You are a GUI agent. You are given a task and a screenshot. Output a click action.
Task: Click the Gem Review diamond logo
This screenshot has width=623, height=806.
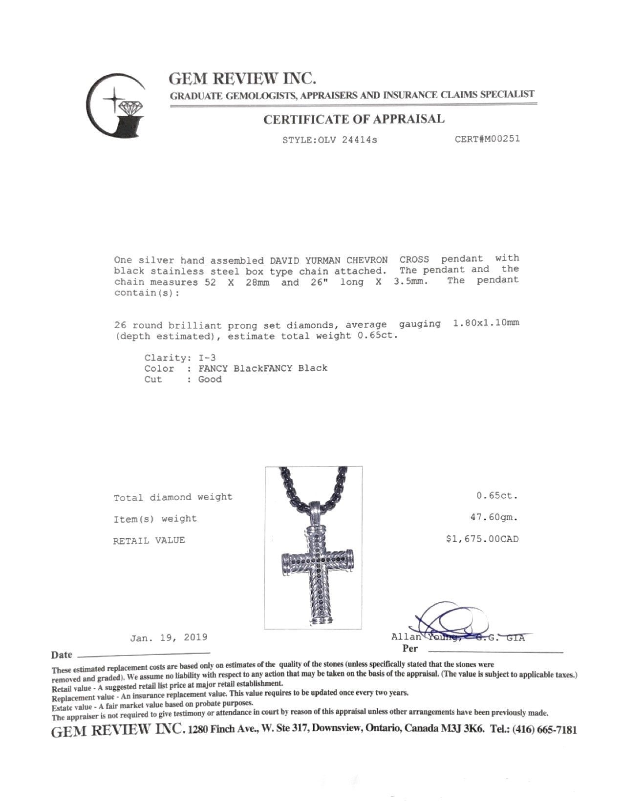116,106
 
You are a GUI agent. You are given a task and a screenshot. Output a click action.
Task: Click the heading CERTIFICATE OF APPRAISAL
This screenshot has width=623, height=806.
354,119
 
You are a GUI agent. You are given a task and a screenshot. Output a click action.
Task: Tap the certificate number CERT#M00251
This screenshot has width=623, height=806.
487,139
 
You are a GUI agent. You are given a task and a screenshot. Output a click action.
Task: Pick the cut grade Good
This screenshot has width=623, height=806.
210,380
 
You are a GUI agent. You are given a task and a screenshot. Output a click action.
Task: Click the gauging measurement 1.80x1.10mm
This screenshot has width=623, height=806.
486,323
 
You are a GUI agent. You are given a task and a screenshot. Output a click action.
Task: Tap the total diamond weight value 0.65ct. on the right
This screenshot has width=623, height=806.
497,495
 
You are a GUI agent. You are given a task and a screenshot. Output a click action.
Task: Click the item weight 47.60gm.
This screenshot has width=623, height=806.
494,517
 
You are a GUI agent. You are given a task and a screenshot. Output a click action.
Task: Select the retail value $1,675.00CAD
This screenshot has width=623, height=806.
482,539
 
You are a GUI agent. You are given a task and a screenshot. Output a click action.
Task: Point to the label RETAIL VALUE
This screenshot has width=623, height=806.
149,540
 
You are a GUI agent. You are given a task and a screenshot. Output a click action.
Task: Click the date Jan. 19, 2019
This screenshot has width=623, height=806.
169,637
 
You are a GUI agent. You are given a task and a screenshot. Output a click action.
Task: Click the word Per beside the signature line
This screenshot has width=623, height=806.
410,649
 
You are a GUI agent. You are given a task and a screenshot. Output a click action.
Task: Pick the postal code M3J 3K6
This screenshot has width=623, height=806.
462,729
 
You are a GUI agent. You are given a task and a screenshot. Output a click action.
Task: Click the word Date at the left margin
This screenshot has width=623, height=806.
62,655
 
